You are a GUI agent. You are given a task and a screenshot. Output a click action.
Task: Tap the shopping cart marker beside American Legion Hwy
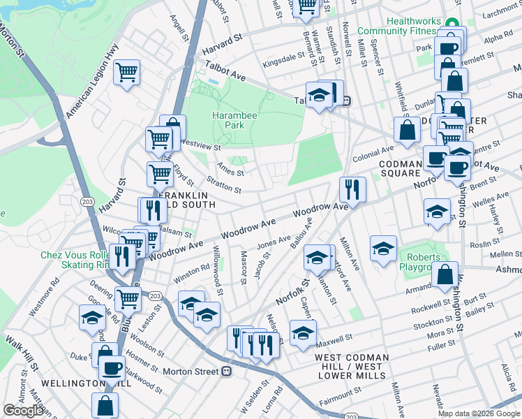click(x=126, y=72)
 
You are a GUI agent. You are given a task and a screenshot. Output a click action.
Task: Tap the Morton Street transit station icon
click(x=225, y=372)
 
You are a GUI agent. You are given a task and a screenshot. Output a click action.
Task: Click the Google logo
click(x=23, y=411)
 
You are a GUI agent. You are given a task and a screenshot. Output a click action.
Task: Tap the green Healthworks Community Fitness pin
click(x=452, y=23)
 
